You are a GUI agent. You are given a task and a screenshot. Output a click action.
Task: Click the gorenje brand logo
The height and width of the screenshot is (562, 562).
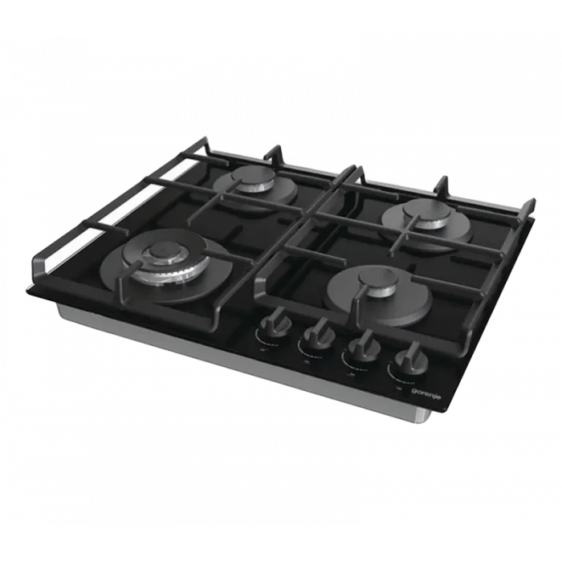pos(426,393)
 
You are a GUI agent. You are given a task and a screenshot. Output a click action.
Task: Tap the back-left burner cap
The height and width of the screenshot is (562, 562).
pos(253,176)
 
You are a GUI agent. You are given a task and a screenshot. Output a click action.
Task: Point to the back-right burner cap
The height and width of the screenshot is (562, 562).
pos(426,209)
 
